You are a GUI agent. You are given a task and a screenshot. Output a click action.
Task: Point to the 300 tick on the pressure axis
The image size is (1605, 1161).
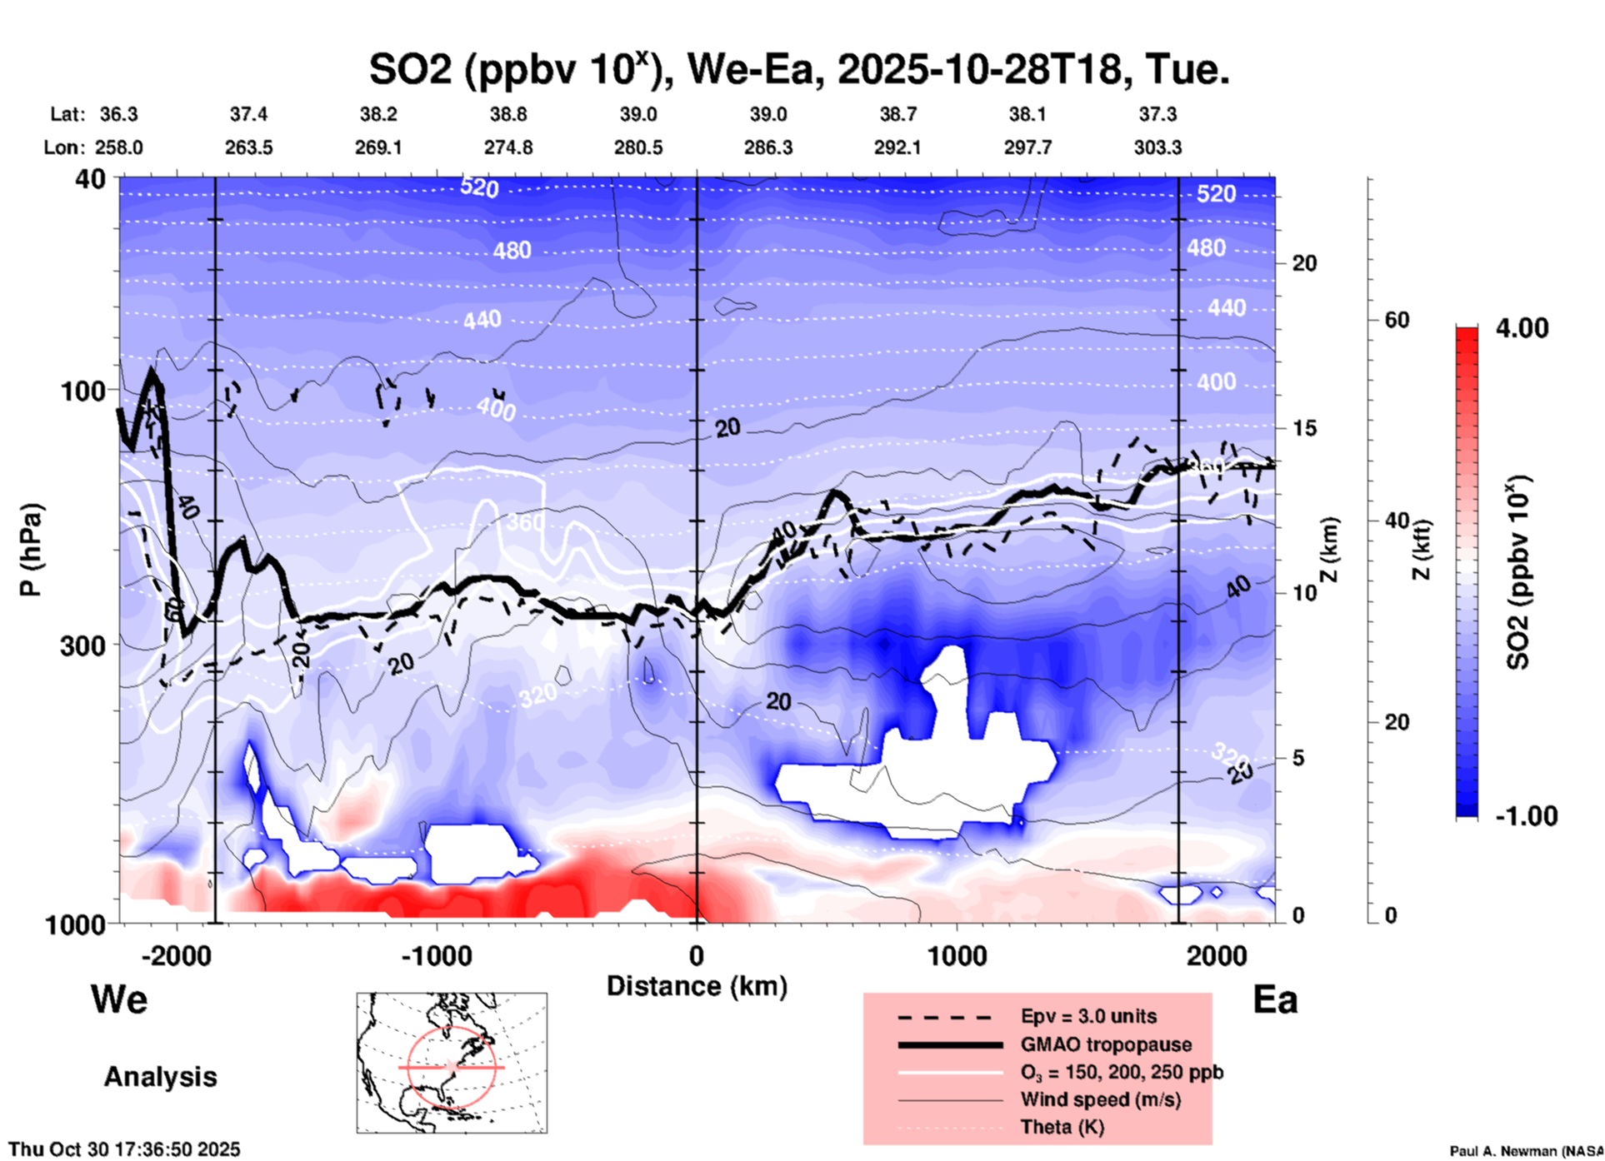click(x=83, y=645)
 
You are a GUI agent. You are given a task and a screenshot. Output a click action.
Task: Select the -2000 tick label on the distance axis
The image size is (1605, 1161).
click(x=176, y=956)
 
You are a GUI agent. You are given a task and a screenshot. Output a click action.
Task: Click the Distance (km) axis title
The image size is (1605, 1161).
click(x=697, y=986)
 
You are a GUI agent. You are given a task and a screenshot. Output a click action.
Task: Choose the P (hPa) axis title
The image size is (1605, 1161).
click(x=31, y=550)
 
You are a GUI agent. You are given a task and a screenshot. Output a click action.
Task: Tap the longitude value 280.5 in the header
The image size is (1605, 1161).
click(x=638, y=147)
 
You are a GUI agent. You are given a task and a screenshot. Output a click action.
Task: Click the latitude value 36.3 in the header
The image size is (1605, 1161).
click(x=118, y=114)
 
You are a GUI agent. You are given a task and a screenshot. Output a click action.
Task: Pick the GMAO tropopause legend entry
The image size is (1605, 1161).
click(x=1106, y=1044)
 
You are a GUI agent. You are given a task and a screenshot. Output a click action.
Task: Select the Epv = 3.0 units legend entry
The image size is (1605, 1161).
click(x=1088, y=1017)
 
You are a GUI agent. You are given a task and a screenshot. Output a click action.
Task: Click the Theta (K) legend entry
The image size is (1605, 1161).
click(x=1062, y=1127)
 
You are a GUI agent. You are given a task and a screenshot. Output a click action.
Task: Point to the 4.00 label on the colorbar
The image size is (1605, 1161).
click(x=1522, y=328)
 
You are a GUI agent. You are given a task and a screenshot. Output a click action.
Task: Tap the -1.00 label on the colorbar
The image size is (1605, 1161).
click(x=1526, y=816)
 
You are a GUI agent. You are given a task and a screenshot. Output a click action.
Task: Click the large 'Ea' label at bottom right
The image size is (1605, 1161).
click(x=1275, y=1000)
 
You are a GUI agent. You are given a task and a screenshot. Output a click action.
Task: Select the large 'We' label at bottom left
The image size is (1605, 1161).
click(x=119, y=999)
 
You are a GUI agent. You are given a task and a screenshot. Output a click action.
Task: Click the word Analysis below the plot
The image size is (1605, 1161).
click(x=160, y=1077)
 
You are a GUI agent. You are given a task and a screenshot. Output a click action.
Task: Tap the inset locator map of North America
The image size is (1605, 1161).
click(x=452, y=1063)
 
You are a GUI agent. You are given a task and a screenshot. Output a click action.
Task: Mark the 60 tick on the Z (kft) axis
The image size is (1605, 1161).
click(x=1397, y=320)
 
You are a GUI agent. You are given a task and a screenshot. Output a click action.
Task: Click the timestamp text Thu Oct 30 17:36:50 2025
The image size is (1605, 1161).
click(x=124, y=1149)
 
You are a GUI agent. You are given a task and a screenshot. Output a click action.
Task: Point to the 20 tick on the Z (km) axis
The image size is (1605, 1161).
click(x=1304, y=263)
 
